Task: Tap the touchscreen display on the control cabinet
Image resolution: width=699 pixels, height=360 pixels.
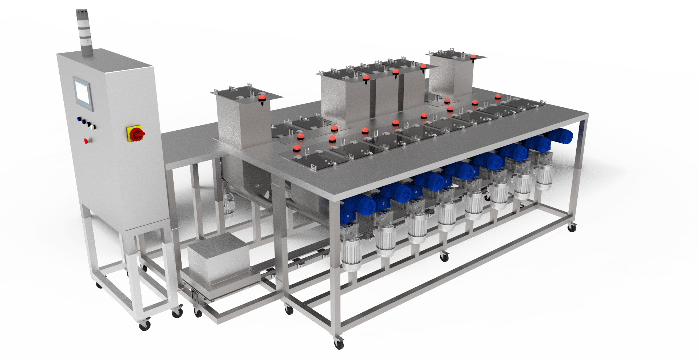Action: (83, 92)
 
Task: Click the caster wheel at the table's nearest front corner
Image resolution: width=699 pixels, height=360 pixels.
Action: (339, 343)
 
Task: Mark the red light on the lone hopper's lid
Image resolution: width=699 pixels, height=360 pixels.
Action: (262, 98)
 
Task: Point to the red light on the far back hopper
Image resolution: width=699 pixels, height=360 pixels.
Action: (473, 57)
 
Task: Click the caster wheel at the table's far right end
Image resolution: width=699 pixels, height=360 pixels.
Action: (572, 228)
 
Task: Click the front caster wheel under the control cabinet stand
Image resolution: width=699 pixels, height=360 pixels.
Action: (145, 325)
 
